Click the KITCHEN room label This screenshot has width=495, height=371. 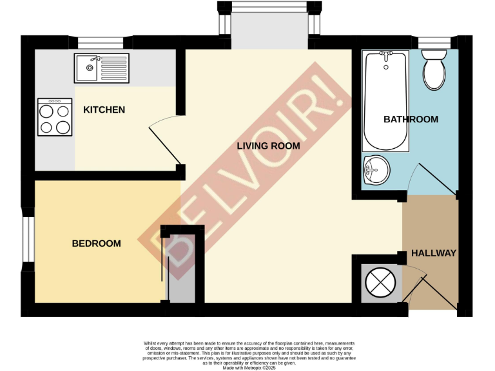[104, 109]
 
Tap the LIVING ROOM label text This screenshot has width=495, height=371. [268, 146]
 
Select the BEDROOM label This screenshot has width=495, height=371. [96, 243]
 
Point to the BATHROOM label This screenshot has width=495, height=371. [411, 119]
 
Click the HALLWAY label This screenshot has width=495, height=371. [433, 253]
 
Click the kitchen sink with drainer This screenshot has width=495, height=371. [102, 68]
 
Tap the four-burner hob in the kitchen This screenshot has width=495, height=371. [55, 117]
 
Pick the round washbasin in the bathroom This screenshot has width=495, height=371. [376, 169]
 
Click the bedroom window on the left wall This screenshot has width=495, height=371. [28, 240]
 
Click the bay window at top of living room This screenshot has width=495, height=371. [269, 8]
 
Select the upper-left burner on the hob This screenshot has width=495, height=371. [47, 111]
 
